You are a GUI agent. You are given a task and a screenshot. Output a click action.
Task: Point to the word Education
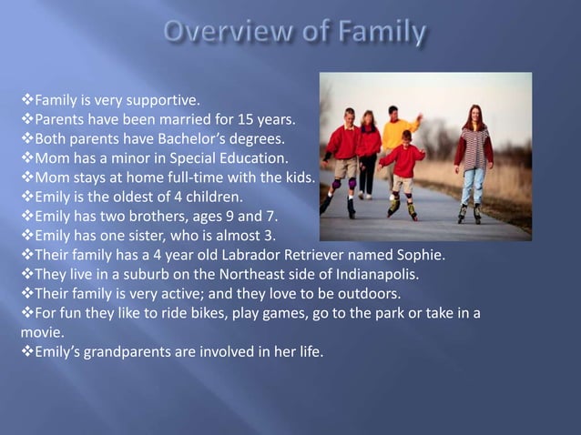tap(247, 159)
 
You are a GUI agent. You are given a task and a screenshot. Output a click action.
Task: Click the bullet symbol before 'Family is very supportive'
tap(26, 99)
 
